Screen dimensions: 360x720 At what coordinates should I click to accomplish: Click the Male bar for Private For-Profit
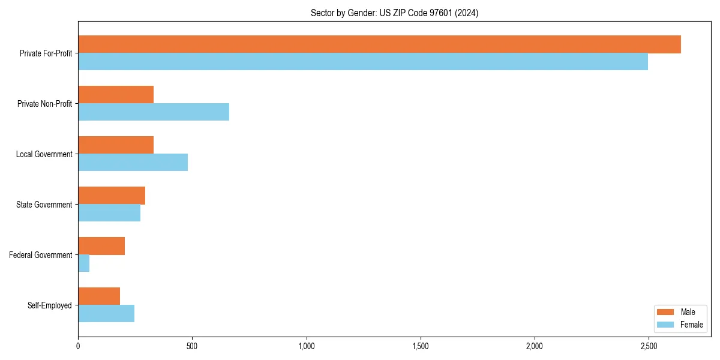pos(379,44)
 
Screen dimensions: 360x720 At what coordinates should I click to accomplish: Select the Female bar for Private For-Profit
pos(363,62)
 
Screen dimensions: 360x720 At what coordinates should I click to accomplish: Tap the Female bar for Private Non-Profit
pos(154,112)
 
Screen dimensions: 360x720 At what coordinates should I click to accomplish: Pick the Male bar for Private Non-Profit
pos(116,95)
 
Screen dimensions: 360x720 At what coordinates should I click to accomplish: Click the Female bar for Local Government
pos(133,163)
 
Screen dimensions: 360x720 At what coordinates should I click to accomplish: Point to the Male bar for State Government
pos(112,196)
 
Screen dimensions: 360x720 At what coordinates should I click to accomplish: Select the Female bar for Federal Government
pos(84,263)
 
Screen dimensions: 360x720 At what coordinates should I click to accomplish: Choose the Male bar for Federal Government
pos(101,246)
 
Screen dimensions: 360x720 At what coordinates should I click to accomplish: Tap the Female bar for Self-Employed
pos(106,314)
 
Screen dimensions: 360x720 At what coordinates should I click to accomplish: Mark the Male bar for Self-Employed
pos(99,296)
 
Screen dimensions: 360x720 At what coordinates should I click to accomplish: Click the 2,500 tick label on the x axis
pos(649,347)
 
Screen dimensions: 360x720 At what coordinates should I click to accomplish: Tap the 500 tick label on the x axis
pos(192,347)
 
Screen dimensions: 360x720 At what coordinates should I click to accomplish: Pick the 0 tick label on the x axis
pos(78,347)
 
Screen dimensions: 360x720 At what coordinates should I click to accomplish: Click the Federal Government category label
pos(41,255)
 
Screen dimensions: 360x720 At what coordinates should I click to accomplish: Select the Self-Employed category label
pos(50,305)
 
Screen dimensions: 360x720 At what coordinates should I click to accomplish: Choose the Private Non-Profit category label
pos(44,104)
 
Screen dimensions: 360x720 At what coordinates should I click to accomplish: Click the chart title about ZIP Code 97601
pos(394,13)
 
